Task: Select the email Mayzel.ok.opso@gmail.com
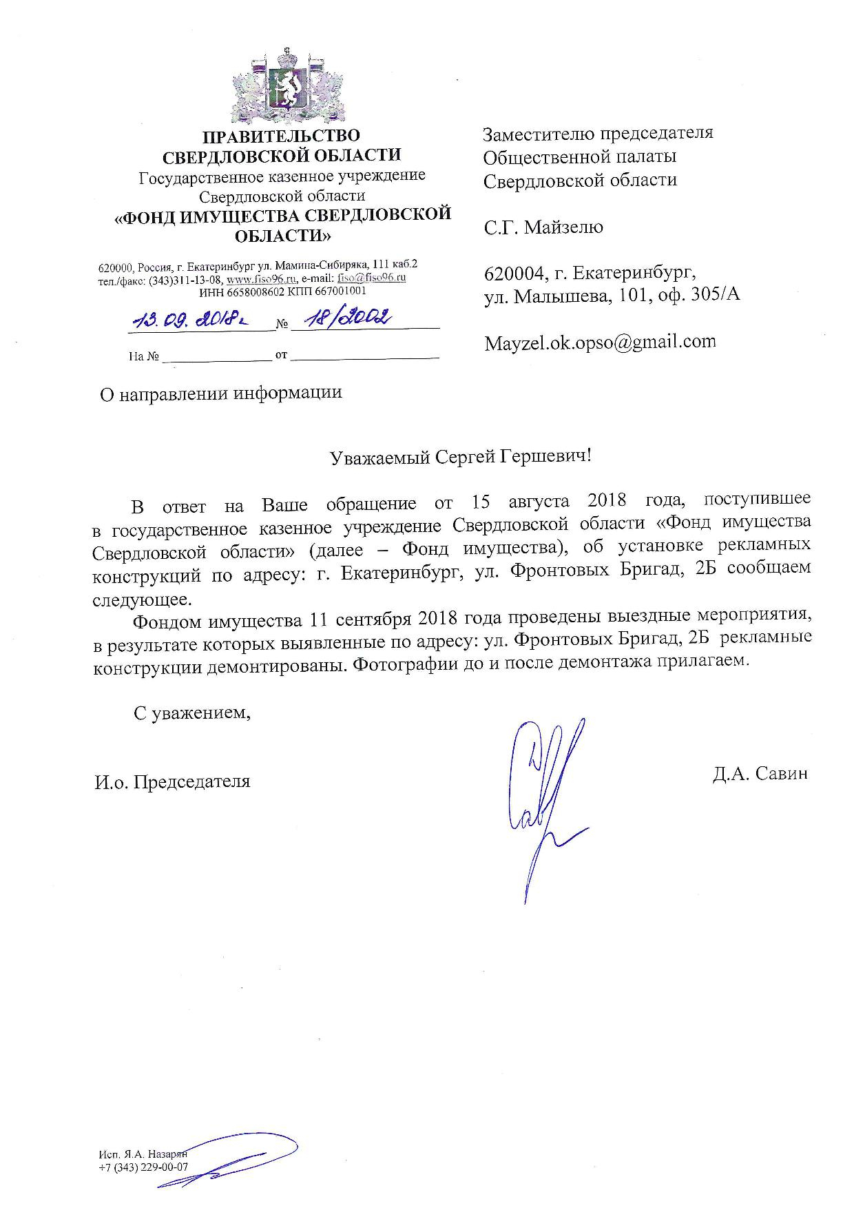click(x=599, y=342)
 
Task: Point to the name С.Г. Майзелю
click(x=543, y=227)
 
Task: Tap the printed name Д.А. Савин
click(x=760, y=774)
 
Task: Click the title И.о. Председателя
click(x=173, y=782)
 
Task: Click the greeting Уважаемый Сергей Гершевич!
click(x=460, y=458)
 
